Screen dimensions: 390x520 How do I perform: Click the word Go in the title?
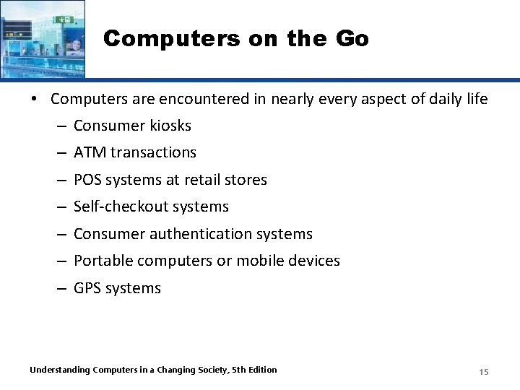(351, 39)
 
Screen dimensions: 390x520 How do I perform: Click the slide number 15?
(484, 371)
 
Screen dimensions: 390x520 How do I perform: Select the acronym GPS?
(88, 288)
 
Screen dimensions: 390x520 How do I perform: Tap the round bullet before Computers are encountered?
(34, 99)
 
